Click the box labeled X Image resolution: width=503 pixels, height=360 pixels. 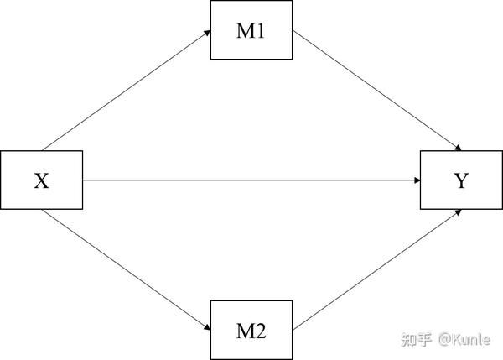point(41,180)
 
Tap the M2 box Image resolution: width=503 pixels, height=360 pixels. point(251,329)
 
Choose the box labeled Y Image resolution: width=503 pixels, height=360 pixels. point(460,180)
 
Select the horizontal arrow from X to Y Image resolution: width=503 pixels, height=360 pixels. point(251,180)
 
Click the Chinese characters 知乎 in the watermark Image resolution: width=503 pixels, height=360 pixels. point(417,339)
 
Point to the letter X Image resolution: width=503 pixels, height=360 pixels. point(41,180)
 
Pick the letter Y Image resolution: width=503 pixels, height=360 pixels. point(460,180)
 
